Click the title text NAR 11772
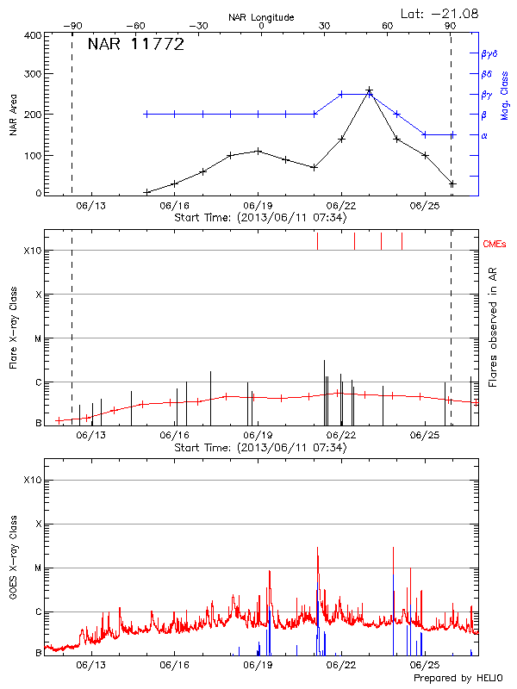tap(136, 46)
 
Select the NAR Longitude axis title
tap(261, 17)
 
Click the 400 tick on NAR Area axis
tap(34, 36)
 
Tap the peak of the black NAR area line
tap(370, 90)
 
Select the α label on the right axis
tap(484, 135)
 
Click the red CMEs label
tap(495, 245)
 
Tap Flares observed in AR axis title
tap(492, 327)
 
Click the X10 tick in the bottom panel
tap(31, 480)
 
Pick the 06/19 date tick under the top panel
tap(258, 206)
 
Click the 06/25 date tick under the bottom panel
tap(425, 666)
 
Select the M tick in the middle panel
tap(37, 338)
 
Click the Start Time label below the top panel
tap(260, 217)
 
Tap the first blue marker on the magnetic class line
tap(146, 114)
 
